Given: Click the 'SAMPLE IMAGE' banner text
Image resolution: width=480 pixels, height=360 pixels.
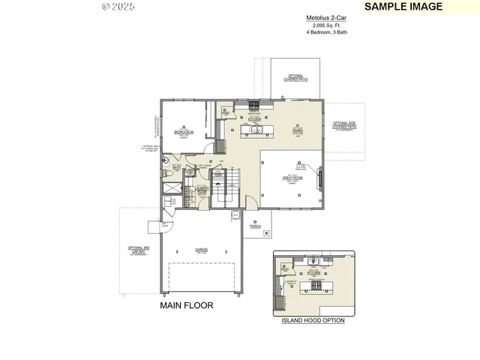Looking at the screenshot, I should (403, 7).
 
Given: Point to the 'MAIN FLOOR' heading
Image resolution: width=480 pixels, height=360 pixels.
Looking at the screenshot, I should (187, 305).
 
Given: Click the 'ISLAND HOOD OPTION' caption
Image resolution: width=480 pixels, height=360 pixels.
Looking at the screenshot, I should (313, 320).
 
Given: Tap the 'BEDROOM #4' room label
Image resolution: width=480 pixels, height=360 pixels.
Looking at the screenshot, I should (184, 132).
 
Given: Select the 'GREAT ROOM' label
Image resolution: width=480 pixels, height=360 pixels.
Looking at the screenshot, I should (292, 178).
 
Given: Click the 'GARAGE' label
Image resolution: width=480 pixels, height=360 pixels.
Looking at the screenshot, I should (202, 249).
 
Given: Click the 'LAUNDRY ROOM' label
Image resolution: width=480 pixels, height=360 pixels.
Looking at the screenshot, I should (202, 190).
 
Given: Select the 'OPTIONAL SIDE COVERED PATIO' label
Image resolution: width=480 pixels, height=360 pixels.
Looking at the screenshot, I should (346, 126).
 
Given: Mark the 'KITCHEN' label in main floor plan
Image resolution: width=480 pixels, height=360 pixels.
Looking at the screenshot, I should (254, 118).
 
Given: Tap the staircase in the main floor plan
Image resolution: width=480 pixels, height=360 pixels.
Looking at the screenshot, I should (223, 187).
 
